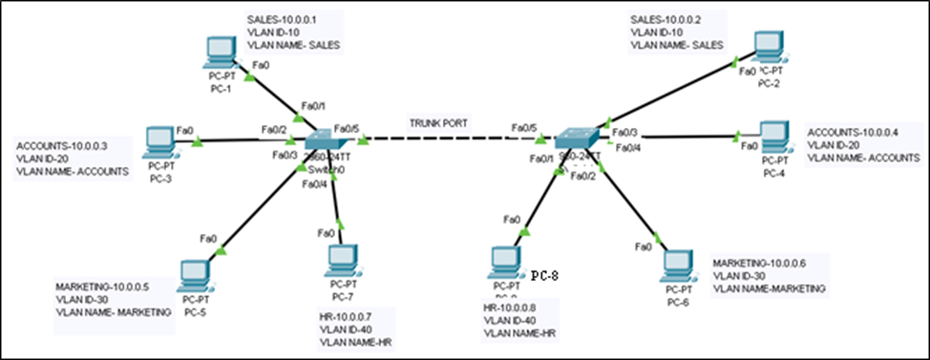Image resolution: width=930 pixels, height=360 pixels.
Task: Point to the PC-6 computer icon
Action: [x=677, y=265]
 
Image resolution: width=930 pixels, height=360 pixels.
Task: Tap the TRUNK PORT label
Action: [x=438, y=124]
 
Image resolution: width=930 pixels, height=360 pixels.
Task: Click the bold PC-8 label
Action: [x=544, y=277]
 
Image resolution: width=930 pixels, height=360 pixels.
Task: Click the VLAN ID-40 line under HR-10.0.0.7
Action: [x=349, y=328]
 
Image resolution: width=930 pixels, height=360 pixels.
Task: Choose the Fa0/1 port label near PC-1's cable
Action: [x=313, y=105]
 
